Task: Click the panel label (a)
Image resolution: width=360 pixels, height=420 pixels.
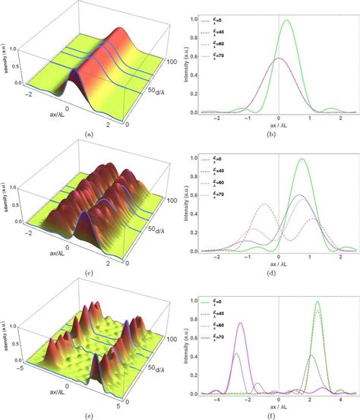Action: pyautogui.click(x=90, y=134)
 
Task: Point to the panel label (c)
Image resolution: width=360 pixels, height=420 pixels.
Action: pyautogui.click(x=90, y=273)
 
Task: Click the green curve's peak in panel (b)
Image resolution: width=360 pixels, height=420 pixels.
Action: pyautogui.click(x=286, y=21)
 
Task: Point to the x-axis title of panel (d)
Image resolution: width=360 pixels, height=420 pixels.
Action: pyautogui.click(x=278, y=263)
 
